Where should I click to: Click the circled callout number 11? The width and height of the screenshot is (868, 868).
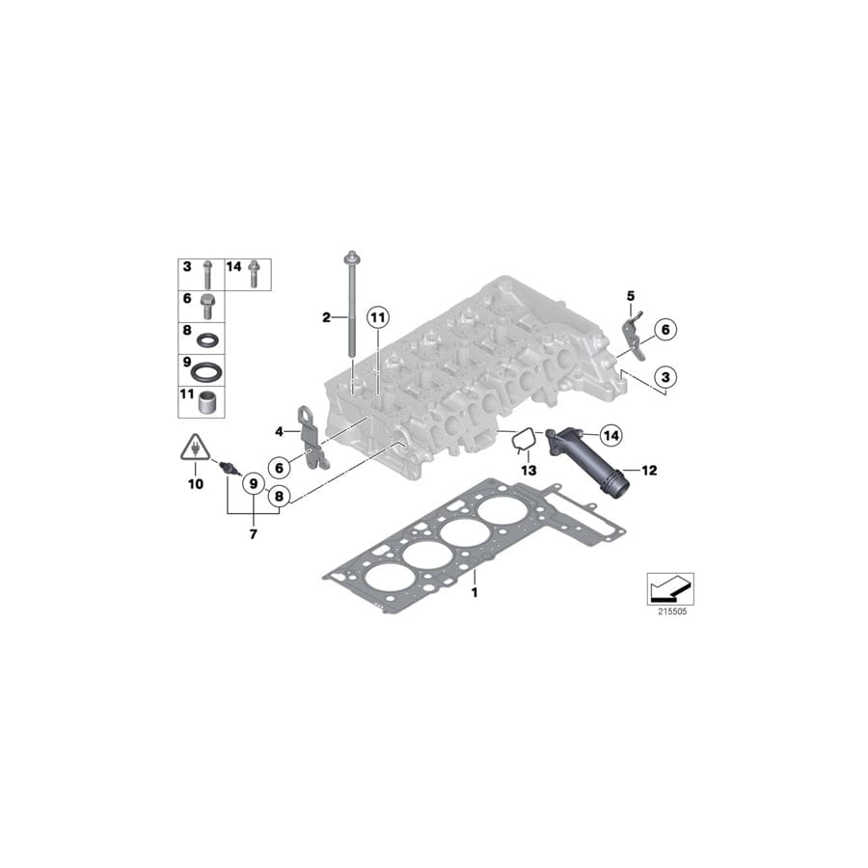[377, 316]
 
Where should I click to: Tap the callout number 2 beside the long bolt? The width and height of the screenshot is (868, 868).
[326, 316]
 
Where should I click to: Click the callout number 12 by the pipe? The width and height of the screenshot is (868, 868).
[649, 471]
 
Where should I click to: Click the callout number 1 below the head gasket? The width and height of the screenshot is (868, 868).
[475, 592]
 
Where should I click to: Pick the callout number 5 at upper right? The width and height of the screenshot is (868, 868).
[631, 295]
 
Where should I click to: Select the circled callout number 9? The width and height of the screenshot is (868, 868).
[253, 482]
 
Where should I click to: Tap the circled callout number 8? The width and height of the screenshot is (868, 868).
[278, 498]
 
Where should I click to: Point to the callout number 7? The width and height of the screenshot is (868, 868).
[253, 533]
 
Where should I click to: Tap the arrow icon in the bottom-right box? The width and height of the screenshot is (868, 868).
[669, 585]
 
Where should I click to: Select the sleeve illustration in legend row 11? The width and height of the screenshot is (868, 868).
[205, 400]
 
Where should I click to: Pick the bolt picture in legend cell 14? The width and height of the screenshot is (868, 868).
[254, 273]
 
